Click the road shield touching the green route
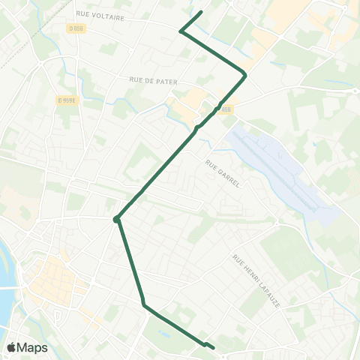pos(226,107)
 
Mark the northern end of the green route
pos(202,12)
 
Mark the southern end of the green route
pos(214,348)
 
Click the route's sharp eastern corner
pos(245,74)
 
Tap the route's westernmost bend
pos(116,220)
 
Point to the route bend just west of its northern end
pos(181,31)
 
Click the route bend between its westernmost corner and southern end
pos(143,304)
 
